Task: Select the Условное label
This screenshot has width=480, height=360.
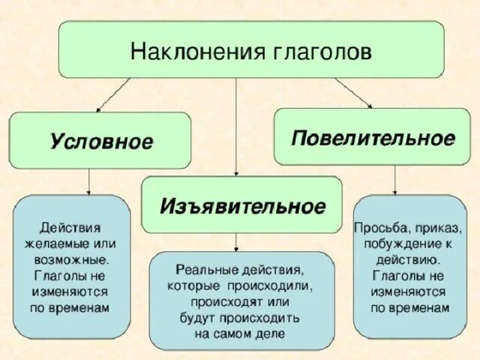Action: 101,141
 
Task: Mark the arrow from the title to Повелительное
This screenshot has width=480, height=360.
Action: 352,91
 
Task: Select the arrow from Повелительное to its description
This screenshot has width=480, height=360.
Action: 395,180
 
